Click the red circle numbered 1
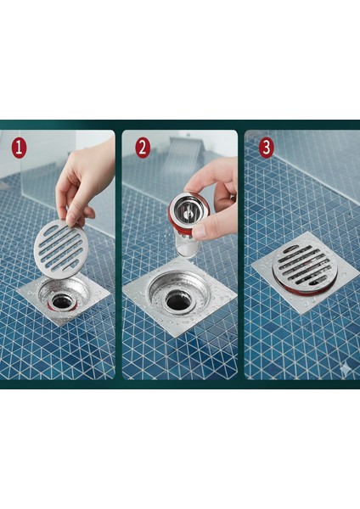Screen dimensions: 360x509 [x=19, y=148]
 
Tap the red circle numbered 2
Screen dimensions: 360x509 [x=143, y=148]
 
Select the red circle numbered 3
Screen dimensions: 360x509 [x=266, y=148]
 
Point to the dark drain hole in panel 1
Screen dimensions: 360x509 [x=61, y=301]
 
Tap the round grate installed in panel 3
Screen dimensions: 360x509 [x=305, y=266]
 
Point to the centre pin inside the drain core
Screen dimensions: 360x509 [x=187, y=213]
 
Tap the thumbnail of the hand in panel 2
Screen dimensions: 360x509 [x=198, y=231]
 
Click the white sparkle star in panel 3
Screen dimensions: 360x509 [x=345, y=369]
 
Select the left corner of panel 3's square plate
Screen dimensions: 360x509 [x=252, y=267]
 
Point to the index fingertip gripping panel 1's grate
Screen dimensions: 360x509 [x=70, y=220]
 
